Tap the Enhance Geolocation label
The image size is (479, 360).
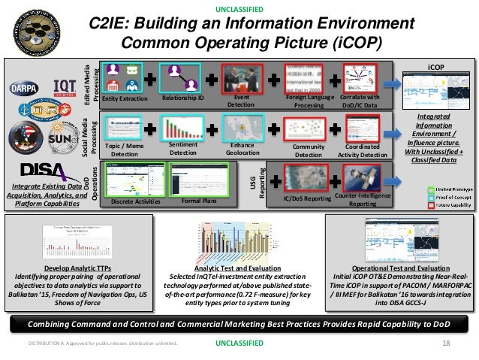[243, 150]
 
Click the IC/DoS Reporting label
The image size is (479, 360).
[307, 199]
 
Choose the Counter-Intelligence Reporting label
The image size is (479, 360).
[363, 199]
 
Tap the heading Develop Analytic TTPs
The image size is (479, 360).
[79, 268]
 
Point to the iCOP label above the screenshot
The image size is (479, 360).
[437, 67]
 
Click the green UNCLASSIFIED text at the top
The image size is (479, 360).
[239, 9]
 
